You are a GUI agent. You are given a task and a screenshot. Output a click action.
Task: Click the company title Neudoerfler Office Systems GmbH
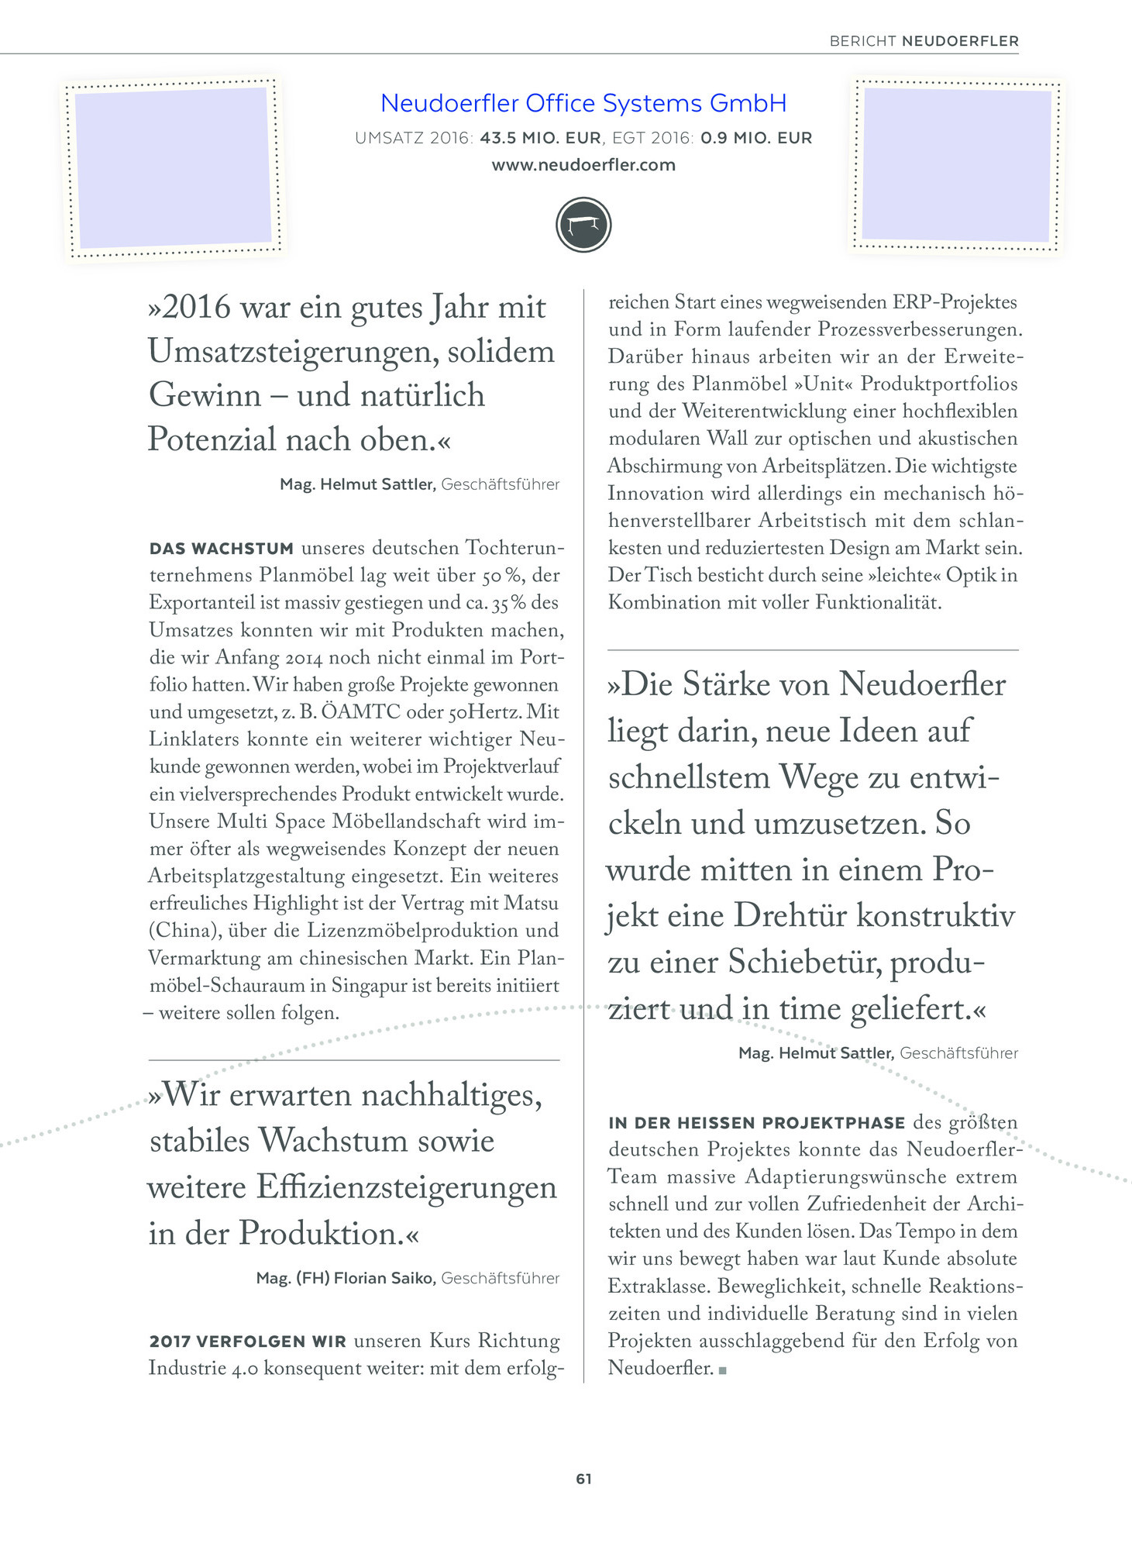[x=583, y=103]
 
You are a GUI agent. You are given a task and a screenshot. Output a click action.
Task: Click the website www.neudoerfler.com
[x=583, y=165]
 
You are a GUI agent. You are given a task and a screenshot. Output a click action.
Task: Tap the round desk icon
[x=583, y=226]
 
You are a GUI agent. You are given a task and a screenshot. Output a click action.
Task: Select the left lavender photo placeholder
[x=174, y=167]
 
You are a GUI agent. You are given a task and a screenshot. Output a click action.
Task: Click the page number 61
[x=583, y=1479]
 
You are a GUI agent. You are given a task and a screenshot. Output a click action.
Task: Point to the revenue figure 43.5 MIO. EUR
[x=540, y=139]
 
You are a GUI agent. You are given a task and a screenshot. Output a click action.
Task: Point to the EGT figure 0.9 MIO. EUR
[x=756, y=139]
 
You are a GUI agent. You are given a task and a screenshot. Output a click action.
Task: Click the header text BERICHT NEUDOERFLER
[x=924, y=41]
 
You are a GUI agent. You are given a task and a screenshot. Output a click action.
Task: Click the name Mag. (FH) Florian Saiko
[x=345, y=1278]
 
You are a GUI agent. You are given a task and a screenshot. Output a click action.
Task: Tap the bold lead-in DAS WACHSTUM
[x=222, y=549]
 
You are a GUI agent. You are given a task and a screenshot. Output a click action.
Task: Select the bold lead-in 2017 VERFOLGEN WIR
[x=247, y=1342]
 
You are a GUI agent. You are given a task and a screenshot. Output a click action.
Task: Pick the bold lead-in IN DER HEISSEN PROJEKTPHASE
[x=756, y=1123]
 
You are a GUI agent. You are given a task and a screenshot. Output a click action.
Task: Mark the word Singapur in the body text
[x=375, y=985]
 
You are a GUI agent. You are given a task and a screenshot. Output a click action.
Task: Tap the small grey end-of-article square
[x=722, y=1370]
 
